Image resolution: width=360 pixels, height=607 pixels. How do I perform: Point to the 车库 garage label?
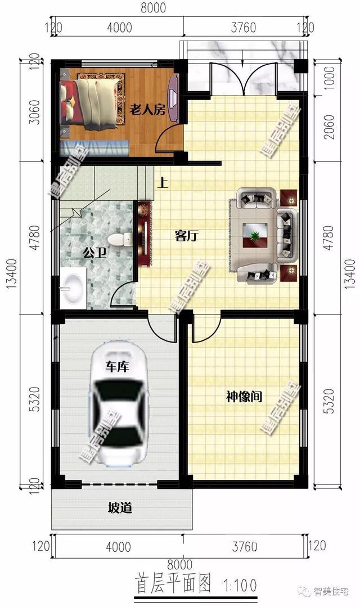[x=118, y=367]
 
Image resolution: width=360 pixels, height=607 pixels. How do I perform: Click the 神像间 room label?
[x=244, y=397]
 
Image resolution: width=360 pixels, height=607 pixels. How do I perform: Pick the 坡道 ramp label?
[x=120, y=509]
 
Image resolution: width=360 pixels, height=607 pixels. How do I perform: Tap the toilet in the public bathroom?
[x=117, y=239]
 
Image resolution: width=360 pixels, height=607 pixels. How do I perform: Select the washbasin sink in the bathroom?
[x=71, y=288]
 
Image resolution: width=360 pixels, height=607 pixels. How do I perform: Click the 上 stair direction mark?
[x=163, y=182]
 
